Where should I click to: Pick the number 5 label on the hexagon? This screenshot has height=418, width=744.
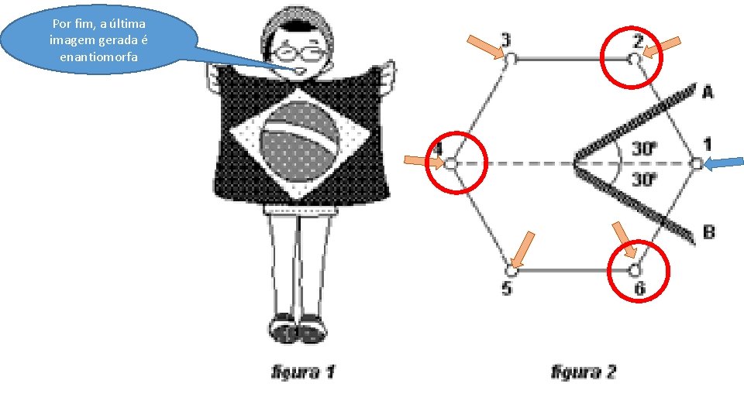pyautogui.click(x=506, y=289)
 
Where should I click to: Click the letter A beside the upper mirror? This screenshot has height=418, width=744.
pyautogui.click(x=708, y=92)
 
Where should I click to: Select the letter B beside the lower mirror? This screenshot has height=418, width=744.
pyautogui.click(x=708, y=231)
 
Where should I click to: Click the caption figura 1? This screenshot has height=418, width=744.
pyautogui.click(x=302, y=372)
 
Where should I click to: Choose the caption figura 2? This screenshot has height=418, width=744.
pyautogui.click(x=583, y=372)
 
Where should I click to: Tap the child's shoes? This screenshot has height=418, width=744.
pyautogui.click(x=298, y=329)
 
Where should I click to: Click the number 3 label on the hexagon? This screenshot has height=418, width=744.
pyautogui.click(x=505, y=39)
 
